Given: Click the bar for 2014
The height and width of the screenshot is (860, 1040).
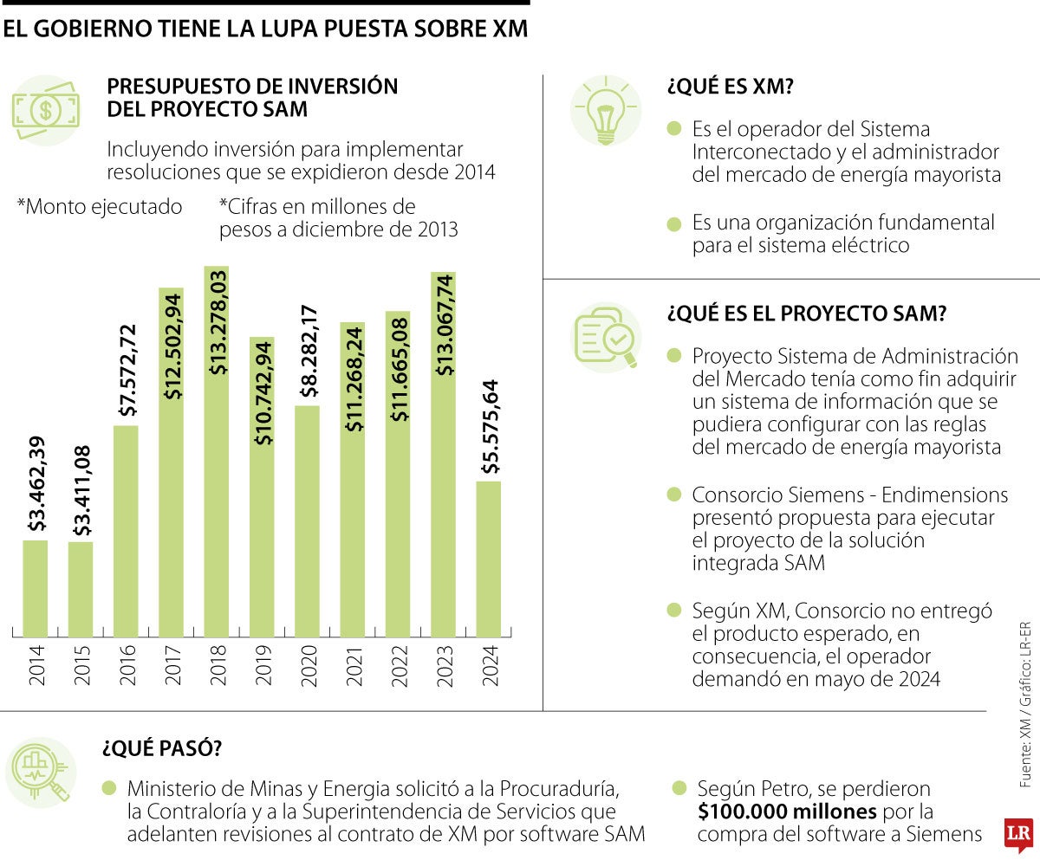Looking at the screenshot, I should click(36, 589).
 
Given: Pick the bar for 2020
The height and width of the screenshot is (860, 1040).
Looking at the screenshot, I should click(308, 520).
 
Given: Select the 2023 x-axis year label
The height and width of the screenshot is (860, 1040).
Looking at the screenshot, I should click(444, 665).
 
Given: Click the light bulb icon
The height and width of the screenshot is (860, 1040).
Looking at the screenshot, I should click(606, 109).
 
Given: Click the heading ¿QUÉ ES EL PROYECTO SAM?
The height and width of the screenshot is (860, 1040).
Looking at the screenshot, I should click(805, 314).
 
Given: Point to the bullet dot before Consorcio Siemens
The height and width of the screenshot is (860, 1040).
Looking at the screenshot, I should click(674, 495).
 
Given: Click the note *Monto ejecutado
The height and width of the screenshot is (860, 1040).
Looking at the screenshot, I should click(100, 208).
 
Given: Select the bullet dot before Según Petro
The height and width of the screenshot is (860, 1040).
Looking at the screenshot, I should click(679, 789).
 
